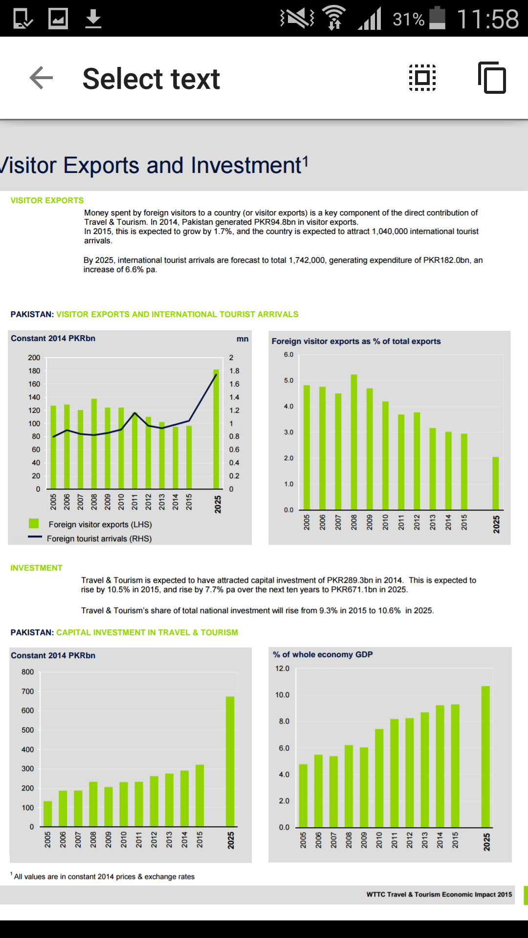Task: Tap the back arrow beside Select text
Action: point(41,78)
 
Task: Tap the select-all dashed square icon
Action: point(422,78)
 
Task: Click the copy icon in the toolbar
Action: point(492,78)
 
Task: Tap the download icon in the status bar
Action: point(93,19)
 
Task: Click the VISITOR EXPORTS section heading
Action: point(47,200)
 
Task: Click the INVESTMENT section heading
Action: point(36,568)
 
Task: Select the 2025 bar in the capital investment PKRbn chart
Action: point(230,761)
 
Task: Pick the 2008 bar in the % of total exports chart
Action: point(354,442)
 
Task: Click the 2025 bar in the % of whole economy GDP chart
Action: point(485,756)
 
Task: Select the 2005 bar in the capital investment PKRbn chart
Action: point(47,813)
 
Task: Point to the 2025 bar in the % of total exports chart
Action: point(496,483)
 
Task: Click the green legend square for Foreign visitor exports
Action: point(34,524)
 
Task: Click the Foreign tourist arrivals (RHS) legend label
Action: point(99,538)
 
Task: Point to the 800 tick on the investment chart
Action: point(28,672)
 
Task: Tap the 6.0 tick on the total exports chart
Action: point(288,354)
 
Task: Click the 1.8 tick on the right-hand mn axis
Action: point(234,371)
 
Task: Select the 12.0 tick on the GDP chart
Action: point(282,668)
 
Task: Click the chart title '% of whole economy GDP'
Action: point(323,654)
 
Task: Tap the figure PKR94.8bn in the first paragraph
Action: point(275,222)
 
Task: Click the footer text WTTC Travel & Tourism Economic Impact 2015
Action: point(439,894)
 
